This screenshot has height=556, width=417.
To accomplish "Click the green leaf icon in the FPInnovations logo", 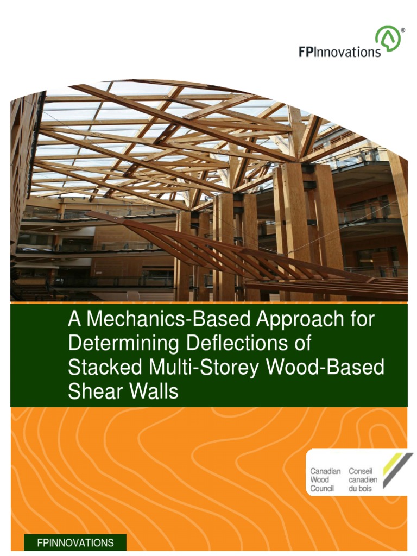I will click(387, 40).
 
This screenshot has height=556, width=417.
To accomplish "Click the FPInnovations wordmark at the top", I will click(340, 52).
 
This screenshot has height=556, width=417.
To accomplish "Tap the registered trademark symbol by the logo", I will click(402, 30).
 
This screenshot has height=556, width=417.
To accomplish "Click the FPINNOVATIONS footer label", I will click(75, 542).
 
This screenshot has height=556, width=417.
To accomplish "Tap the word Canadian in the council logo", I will click(325, 471).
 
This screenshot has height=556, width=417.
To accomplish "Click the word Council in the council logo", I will click(322, 488).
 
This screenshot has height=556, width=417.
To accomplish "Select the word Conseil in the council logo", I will click(361, 471).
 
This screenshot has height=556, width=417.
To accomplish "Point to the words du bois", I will click(360, 488).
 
